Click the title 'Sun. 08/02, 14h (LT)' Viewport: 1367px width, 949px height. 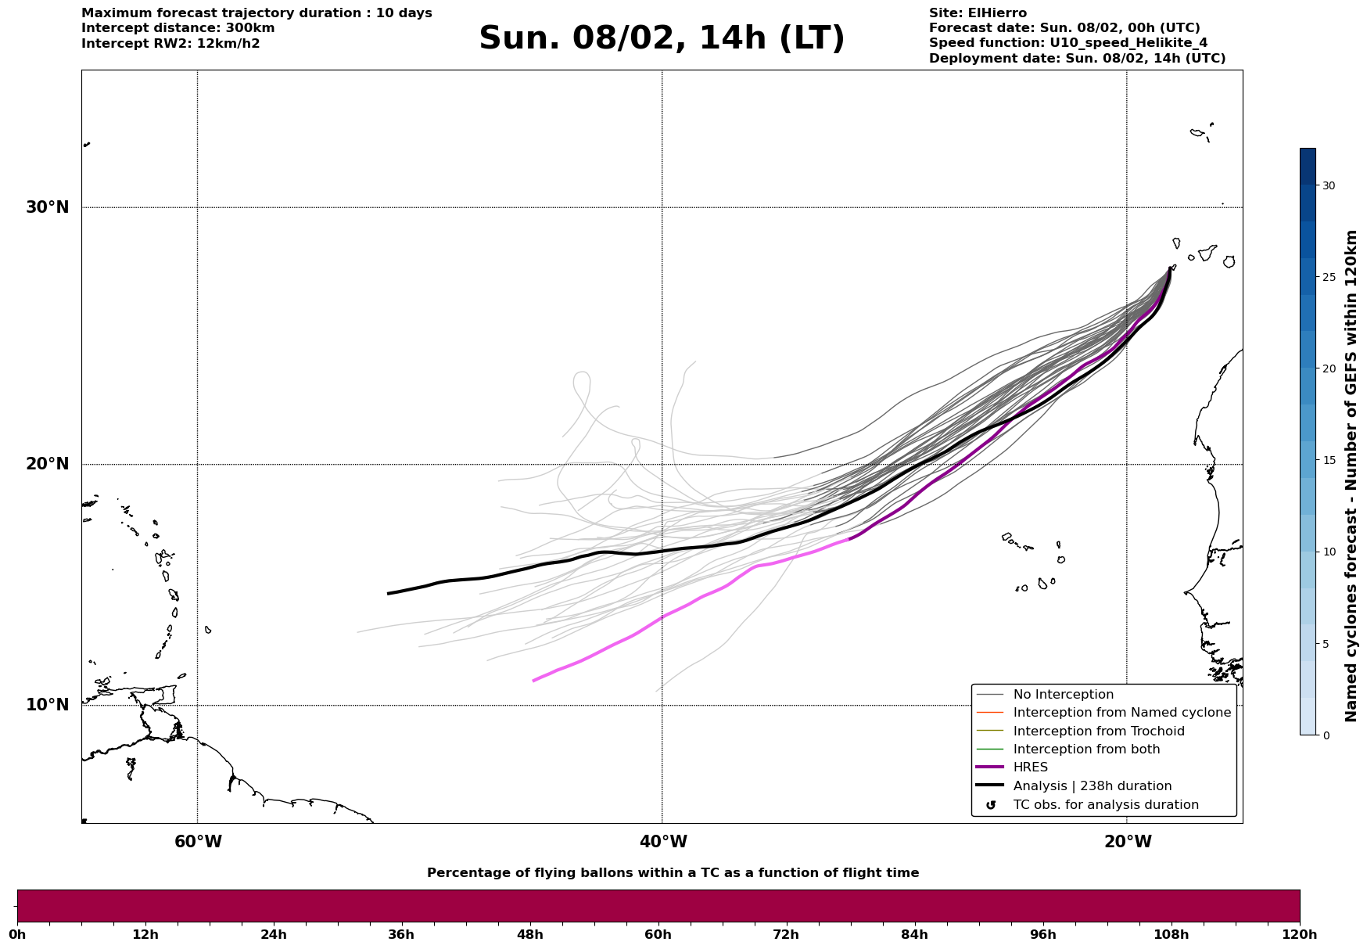click(662, 38)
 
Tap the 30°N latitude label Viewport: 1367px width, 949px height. click(47, 207)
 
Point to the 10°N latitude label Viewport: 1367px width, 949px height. click(47, 705)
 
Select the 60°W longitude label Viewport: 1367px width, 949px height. click(198, 842)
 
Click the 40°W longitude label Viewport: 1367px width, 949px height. click(663, 842)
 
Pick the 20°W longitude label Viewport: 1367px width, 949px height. click(1128, 842)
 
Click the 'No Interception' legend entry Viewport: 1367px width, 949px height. click(1063, 695)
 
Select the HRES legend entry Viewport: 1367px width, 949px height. click(1030, 767)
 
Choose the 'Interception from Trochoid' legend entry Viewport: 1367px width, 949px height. click(1098, 732)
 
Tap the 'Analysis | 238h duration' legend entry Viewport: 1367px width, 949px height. click(1092, 786)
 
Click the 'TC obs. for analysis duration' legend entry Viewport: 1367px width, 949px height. click(1105, 805)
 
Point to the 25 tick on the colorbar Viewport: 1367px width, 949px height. click(1328, 277)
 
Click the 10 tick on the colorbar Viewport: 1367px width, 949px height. click(1328, 552)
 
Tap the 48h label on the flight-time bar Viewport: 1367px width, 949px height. click(530, 934)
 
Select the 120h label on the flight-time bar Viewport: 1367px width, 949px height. click(1300, 934)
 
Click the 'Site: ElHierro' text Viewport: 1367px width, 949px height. click(978, 13)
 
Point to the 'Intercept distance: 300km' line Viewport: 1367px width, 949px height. click(178, 28)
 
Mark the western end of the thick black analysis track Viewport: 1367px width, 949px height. click(389, 594)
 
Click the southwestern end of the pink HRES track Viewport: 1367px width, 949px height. click(534, 681)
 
